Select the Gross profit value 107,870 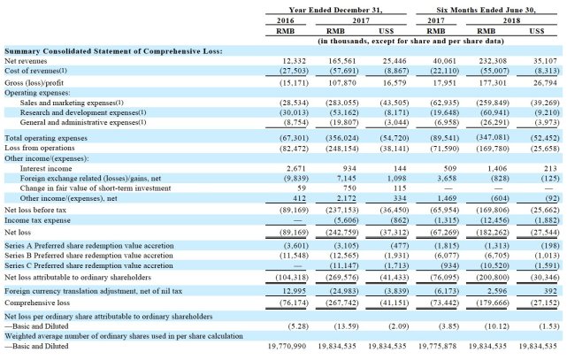click(341, 83)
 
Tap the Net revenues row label click(26, 61)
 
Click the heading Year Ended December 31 click(335, 10)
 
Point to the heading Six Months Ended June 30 click(486, 10)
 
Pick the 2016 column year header click(286, 20)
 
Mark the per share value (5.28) click(298, 326)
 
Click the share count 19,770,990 click(287, 346)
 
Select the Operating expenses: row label click(37, 93)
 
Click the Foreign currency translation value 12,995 click(294, 291)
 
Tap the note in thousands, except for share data click(410, 41)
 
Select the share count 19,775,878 click(437, 346)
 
